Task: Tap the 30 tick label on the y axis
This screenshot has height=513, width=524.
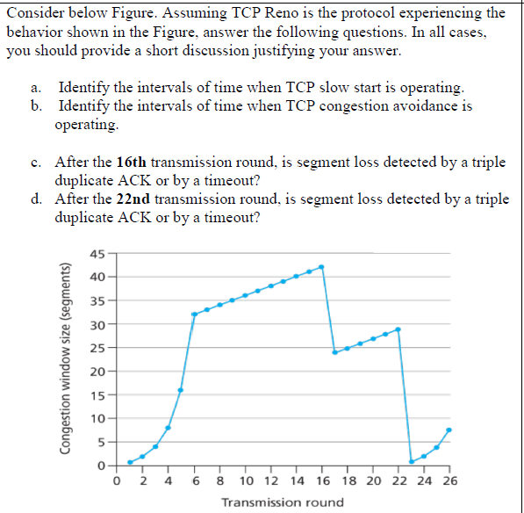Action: click(97, 325)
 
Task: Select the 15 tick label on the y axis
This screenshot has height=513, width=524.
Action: click(97, 394)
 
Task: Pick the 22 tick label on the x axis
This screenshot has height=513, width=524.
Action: click(398, 480)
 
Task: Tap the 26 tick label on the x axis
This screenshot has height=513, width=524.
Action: click(449, 480)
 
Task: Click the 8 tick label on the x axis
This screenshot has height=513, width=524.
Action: click(219, 480)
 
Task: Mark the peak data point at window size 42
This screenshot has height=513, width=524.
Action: click(321, 266)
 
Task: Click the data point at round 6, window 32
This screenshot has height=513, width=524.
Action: click(194, 314)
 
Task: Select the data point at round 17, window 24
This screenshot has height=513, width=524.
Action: click(334, 352)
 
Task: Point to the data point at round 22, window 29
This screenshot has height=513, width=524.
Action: click(398, 329)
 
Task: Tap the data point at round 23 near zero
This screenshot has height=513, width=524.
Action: click(411, 462)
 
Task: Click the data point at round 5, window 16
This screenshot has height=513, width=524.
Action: click(181, 390)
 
